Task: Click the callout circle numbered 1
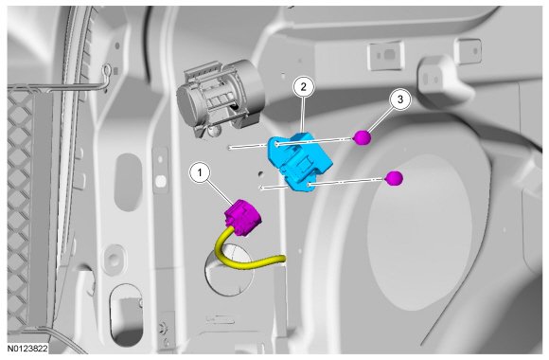[x=200, y=172]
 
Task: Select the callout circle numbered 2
[x=303, y=86]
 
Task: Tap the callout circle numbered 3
[x=400, y=99]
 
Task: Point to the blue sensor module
[x=299, y=161]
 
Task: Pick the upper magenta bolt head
[x=363, y=137]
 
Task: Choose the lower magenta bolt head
[x=395, y=178]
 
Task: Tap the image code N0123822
[x=28, y=349]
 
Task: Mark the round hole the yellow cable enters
[x=229, y=270]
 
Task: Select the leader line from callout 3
[x=380, y=118]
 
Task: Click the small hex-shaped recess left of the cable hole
[x=113, y=259]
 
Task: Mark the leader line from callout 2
[x=303, y=115]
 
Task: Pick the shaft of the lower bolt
[x=322, y=183]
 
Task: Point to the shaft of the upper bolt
[x=291, y=143]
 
